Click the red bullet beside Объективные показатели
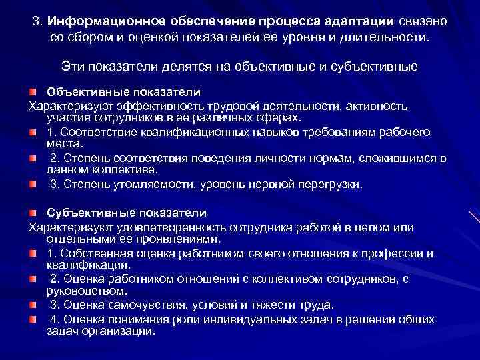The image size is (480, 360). [33, 91]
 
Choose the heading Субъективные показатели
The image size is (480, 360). [127, 213]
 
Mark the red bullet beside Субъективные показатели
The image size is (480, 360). [33, 213]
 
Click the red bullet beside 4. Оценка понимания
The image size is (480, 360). [33, 319]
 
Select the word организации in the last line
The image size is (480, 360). [119, 330]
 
